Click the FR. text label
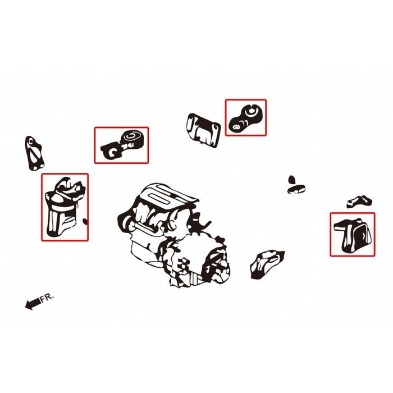(47, 297)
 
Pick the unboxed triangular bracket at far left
(34, 153)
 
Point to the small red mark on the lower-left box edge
(85, 221)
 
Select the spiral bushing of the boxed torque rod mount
(132, 138)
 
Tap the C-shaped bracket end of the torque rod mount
(112, 150)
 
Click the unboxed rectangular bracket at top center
(203, 130)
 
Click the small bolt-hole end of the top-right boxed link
(236, 126)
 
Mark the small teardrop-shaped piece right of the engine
(291, 180)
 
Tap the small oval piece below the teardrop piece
(296, 189)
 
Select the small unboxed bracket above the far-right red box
(359, 201)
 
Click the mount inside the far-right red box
(353, 236)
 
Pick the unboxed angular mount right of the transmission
(267, 264)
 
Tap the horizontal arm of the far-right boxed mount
(342, 226)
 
